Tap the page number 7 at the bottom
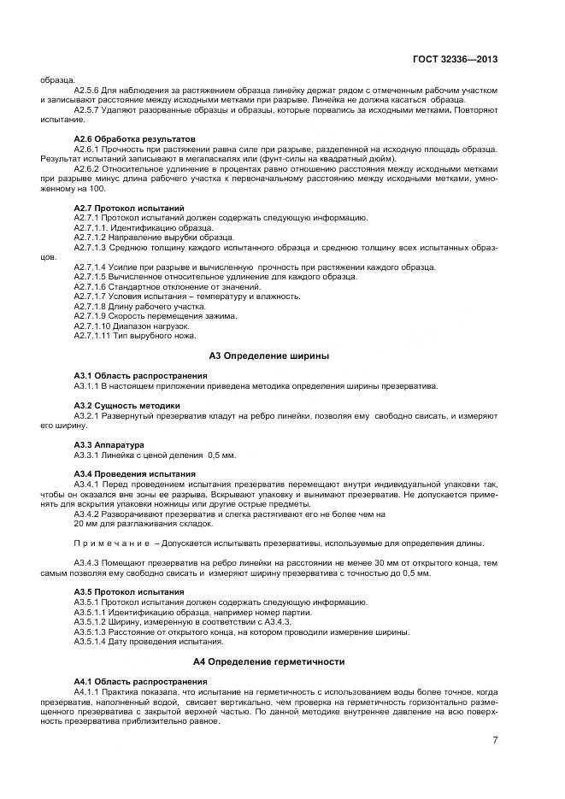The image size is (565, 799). point(495,740)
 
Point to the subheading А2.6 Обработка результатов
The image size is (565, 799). point(134,138)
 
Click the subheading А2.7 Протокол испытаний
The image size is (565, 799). point(129,208)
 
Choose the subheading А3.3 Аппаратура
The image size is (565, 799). point(109,444)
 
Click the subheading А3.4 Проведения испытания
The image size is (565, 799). point(134,473)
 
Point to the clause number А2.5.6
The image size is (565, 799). point(89,90)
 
